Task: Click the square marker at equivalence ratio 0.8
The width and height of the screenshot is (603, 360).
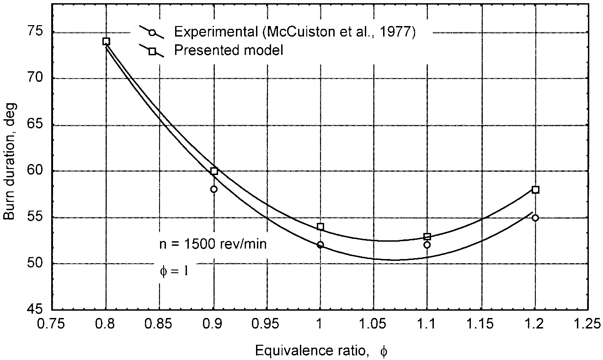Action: pyautogui.click(x=106, y=41)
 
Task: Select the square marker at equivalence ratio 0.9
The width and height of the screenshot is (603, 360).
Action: pyautogui.click(x=214, y=171)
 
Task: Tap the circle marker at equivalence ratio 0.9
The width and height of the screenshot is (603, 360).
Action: pyautogui.click(x=213, y=189)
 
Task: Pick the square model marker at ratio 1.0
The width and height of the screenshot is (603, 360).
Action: pyautogui.click(x=320, y=227)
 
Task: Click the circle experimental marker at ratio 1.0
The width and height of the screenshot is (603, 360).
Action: pyautogui.click(x=320, y=245)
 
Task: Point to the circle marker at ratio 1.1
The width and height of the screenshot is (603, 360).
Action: pyautogui.click(x=427, y=245)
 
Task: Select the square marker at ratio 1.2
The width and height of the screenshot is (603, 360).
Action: pyautogui.click(x=535, y=190)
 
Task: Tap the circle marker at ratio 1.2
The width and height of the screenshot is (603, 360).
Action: pyautogui.click(x=535, y=218)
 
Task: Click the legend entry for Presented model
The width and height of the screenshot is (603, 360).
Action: pyautogui.click(x=229, y=50)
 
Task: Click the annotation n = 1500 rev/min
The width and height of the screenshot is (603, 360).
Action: pyautogui.click(x=213, y=244)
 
